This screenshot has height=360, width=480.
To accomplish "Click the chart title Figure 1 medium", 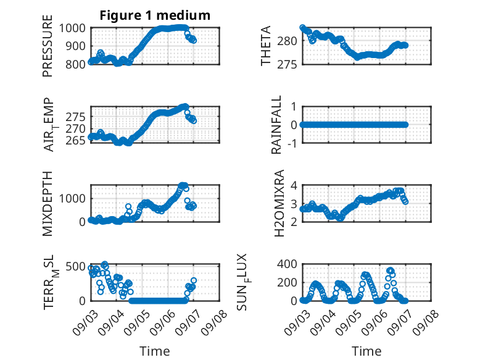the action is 155,15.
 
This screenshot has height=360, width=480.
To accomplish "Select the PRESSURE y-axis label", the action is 48,46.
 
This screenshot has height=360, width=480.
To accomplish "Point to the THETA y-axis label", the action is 266,46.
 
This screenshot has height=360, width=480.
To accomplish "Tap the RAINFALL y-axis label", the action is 276,125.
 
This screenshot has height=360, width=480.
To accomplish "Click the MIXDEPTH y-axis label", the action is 48,203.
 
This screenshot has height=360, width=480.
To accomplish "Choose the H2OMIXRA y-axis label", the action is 279,203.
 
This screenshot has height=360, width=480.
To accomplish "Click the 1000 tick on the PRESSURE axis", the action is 72,28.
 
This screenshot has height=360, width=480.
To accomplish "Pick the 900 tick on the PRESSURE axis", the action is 75,46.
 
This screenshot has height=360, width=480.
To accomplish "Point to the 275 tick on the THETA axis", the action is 287,65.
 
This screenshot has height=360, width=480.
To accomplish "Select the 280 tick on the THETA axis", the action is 287,41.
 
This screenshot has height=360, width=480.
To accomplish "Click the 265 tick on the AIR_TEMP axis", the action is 75,141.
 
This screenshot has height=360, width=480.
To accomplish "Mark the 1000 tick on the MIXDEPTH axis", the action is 72,199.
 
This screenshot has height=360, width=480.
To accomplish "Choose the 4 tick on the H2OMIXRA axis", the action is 294,185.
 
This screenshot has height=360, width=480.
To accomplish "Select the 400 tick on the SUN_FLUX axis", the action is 287,264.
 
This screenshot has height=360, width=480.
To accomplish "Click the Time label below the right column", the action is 366,351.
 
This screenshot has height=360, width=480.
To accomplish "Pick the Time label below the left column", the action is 155,351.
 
